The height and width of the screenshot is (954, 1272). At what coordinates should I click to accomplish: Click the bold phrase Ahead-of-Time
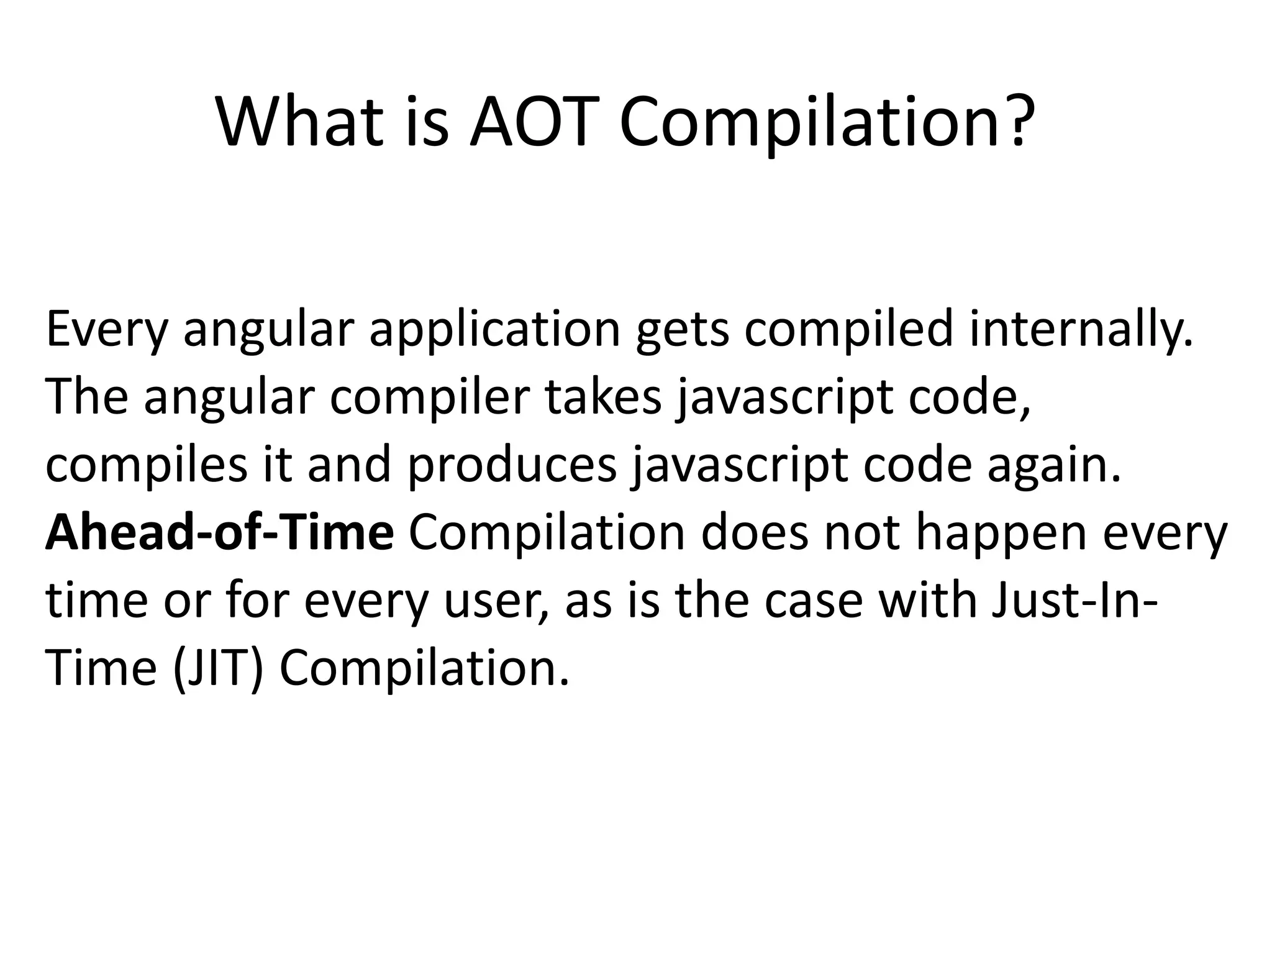[219, 533]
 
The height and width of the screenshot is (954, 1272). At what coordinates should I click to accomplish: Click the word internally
[1081, 329]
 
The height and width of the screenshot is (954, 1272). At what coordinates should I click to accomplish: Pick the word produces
[512, 466]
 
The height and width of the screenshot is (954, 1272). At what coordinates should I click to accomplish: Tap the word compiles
[147, 466]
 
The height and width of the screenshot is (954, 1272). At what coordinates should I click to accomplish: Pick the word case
[813, 601]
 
